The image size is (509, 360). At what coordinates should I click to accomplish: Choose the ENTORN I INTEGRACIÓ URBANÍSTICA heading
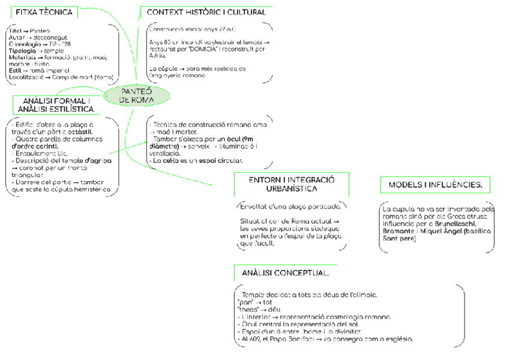click(x=292, y=184)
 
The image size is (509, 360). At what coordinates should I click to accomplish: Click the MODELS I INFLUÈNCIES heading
click(x=435, y=185)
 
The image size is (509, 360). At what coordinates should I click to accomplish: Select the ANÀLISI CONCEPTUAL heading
click(x=285, y=273)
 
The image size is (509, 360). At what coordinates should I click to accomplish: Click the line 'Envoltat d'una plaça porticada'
click(x=291, y=206)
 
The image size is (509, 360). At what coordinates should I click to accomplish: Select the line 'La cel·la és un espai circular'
click(x=197, y=160)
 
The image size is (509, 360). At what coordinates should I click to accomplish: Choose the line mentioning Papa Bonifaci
click(x=327, y=339)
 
